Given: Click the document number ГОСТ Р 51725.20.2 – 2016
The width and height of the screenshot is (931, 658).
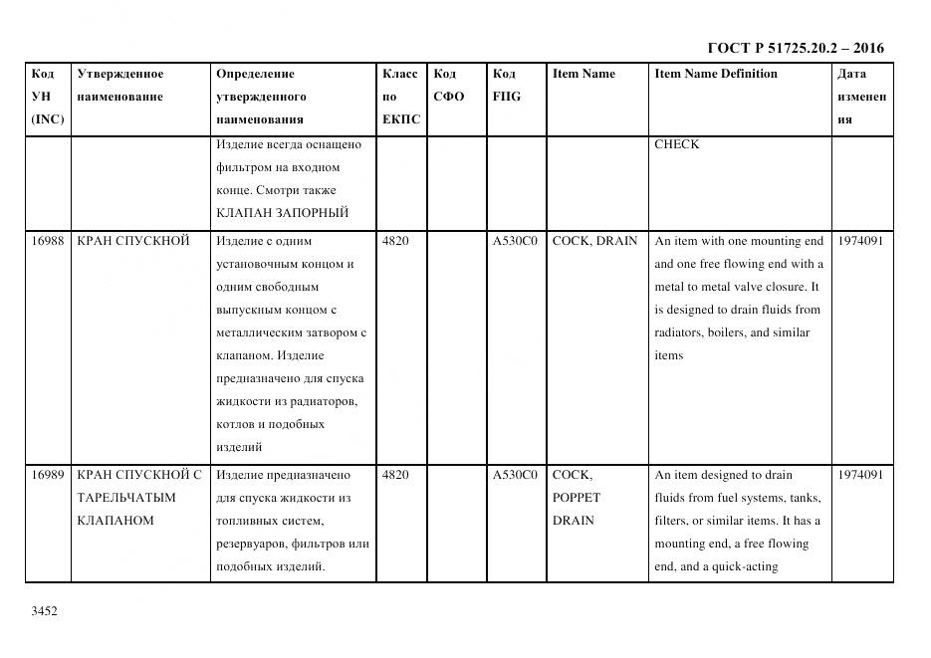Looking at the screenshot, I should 795,48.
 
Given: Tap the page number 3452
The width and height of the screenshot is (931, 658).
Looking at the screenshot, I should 45,611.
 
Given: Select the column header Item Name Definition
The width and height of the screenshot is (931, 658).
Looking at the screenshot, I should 715,74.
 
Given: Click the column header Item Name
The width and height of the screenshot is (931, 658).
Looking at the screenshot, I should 583,74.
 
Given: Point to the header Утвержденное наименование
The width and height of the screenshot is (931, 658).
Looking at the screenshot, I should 119,85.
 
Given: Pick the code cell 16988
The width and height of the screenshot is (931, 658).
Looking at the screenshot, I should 47,241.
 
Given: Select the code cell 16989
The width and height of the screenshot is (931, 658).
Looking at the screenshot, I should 47,475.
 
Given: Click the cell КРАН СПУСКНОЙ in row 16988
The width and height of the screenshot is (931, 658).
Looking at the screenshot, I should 132,241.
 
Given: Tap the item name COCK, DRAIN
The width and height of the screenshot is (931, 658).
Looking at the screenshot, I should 594,241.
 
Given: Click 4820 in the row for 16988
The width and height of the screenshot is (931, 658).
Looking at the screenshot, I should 395,241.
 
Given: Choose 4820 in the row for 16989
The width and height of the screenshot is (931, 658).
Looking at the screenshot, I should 395,475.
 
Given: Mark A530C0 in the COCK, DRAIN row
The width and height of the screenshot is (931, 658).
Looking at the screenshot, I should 515,241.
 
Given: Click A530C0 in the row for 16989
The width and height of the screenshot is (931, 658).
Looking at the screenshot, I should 515,475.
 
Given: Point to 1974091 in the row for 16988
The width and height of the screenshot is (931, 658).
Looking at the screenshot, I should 860,241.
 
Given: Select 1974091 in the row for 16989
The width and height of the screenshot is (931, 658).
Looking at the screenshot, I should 860,475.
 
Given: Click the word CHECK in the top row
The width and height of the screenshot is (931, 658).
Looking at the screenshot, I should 676,144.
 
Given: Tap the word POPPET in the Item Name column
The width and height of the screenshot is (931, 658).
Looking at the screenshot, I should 577,498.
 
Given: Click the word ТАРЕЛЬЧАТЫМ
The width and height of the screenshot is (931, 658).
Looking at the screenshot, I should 126,498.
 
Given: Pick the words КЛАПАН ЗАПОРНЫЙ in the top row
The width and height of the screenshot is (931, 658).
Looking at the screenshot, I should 282,213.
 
